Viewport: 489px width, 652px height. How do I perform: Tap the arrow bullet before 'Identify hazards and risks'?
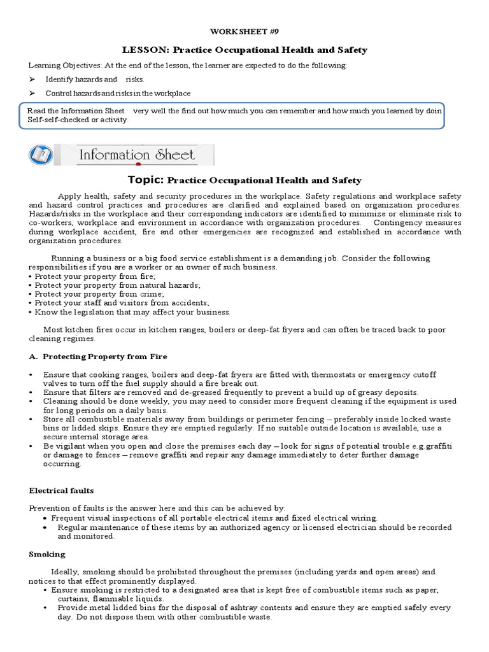33,80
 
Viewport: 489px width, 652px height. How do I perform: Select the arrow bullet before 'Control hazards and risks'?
33,94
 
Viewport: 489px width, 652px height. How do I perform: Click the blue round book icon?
41,155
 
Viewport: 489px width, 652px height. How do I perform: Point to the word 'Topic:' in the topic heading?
146,180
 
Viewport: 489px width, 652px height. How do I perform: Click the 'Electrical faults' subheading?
61,490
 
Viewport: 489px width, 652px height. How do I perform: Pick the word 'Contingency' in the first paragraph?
396,223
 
